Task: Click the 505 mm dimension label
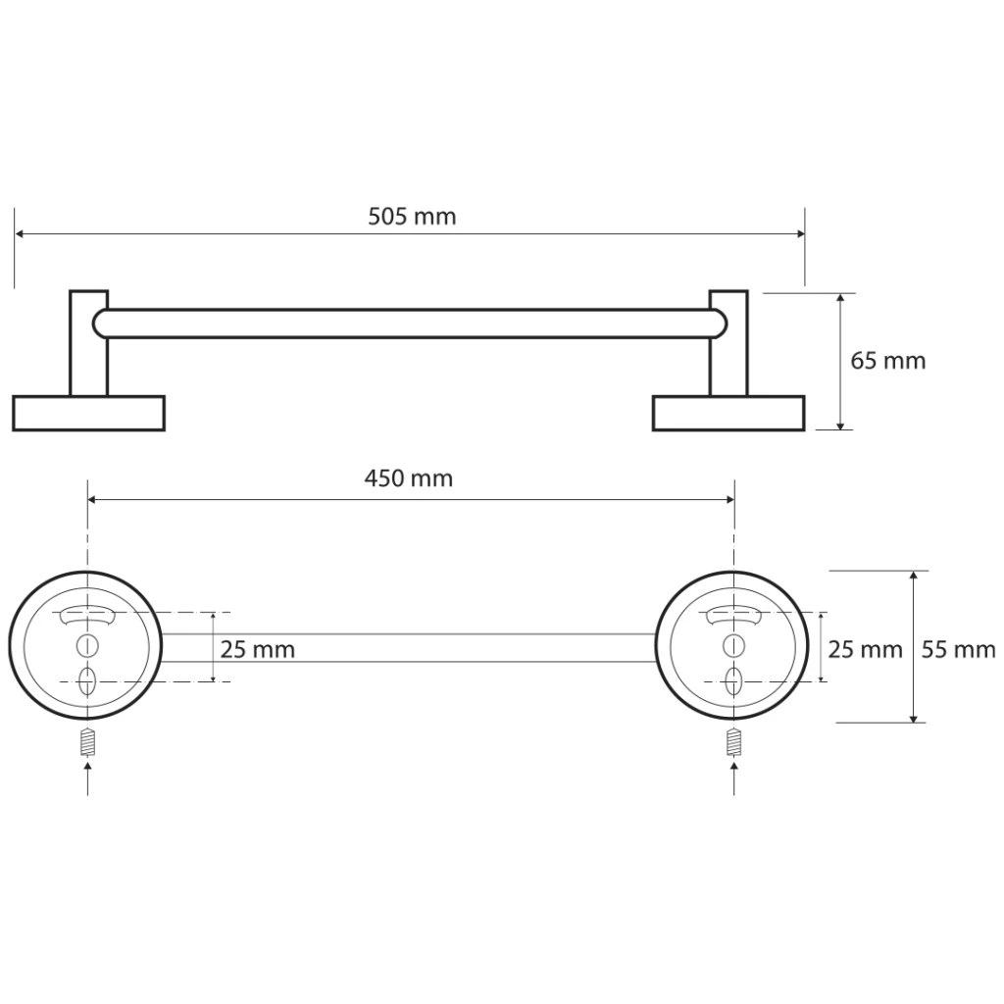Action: click(x=412, y=217)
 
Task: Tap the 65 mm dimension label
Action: click(x=888, y=361)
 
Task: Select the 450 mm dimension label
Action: click(x=409, y=478)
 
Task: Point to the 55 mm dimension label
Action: click(x=959, y=650)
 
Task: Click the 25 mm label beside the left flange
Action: click(x=258, y=650)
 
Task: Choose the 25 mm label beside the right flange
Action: click(x=865, y=650)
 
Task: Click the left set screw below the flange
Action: click(x=87, y=743)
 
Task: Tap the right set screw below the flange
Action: click(x=733, y=743)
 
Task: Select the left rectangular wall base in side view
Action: click(x=89, y=413)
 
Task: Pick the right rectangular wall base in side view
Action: click(x=728, y=413)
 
